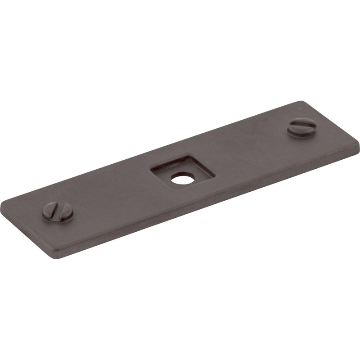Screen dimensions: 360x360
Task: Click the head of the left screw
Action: (x=58, y=211)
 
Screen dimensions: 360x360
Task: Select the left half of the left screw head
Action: (x=50, y=213)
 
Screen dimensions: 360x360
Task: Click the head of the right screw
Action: (x=300, y=126)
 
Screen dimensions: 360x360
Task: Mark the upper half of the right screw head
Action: (x=301, y=122)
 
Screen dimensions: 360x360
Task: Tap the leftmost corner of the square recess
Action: (x=151, y=168)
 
